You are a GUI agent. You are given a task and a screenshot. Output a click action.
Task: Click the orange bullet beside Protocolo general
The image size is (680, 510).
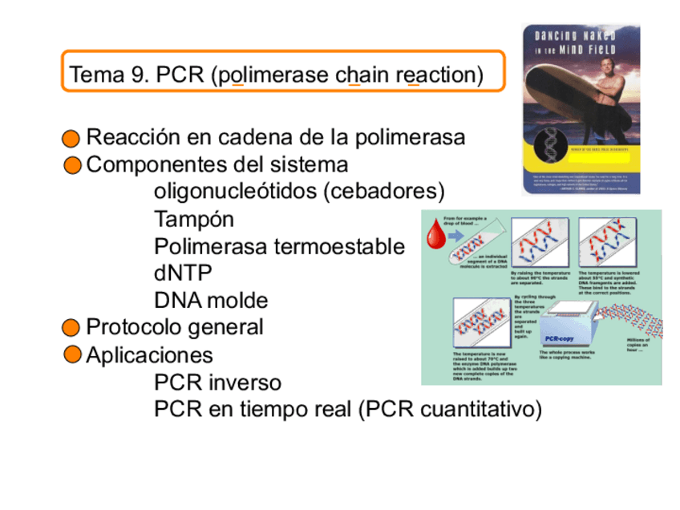coord(72,328)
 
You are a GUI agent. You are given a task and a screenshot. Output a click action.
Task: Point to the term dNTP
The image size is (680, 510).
coord(183,273)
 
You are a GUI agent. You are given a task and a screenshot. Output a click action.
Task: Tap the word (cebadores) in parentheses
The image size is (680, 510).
coord(391,192)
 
